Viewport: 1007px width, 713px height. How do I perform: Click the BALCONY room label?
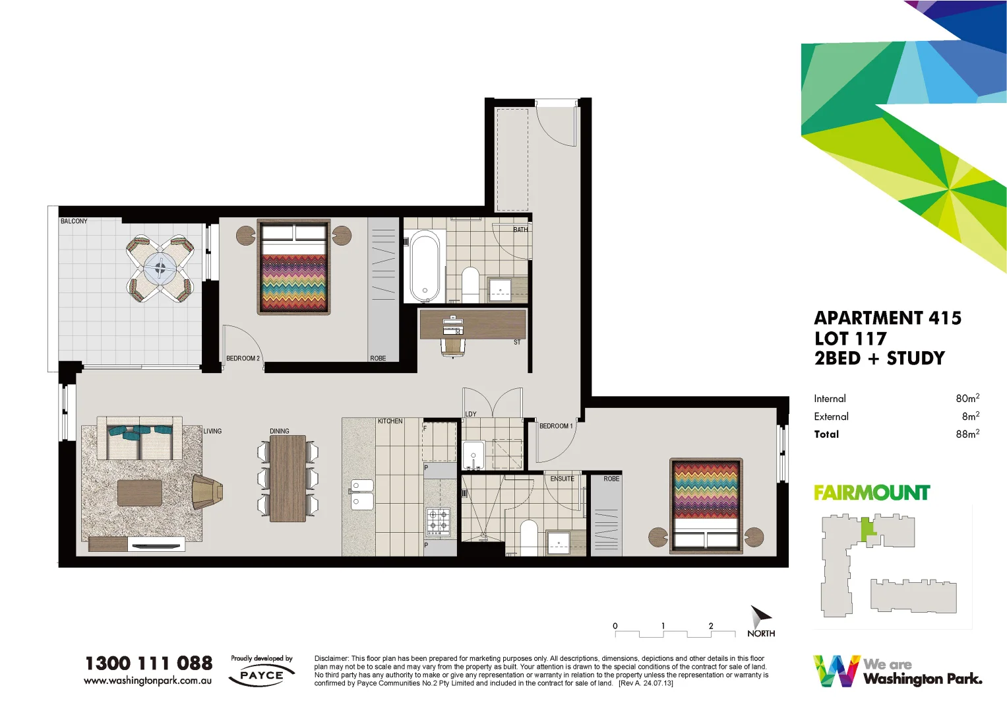tap(74, 221)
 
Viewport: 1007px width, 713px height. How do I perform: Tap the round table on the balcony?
tap(160, 268)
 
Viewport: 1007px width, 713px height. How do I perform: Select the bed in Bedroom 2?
tap(293, 267)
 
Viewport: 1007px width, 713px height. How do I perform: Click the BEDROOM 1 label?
tap(556, 426)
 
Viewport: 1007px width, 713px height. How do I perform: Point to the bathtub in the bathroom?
tap(425, 265)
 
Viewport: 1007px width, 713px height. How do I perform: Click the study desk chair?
tap(453, 345)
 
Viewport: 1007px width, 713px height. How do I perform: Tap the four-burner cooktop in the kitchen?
tap(438, 522)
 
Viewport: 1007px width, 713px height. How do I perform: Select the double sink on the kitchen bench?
tap(360, 494)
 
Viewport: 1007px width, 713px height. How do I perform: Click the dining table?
tap(288, 478)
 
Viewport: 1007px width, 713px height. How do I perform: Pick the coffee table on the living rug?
tap(140, 492)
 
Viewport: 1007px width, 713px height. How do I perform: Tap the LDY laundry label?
tap(470, 414)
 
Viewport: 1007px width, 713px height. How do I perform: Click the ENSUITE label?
tap(562, 479)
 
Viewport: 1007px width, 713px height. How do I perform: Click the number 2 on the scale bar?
tap(711, 625)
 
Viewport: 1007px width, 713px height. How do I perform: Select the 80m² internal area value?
tap(967, 398)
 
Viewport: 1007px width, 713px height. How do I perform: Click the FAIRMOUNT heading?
tap(871, 492)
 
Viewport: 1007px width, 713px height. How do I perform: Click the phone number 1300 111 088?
tap(149, 663)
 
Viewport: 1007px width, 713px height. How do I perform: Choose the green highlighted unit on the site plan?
tap(867, 529)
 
